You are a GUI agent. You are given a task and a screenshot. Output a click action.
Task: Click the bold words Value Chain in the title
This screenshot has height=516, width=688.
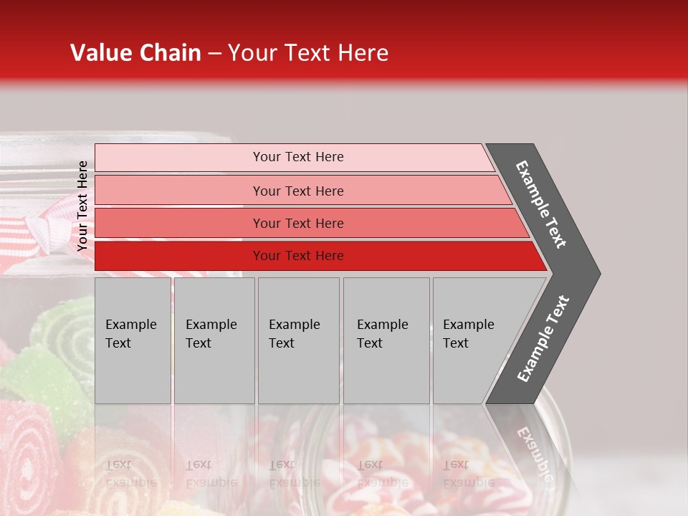[135, 53]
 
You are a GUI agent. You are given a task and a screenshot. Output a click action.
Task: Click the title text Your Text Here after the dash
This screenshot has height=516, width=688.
[308, 53]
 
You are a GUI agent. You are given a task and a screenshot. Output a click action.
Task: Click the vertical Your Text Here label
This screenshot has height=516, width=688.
[82, 206]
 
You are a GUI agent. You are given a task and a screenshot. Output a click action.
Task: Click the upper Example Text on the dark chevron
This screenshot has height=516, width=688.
[541, 204]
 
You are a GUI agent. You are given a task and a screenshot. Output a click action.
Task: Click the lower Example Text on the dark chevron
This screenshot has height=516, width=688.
[543, 339]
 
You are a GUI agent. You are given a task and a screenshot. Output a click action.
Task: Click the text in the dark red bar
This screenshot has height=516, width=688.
[298, 256]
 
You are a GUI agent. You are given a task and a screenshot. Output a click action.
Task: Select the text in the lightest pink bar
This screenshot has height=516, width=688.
[298, 157]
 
